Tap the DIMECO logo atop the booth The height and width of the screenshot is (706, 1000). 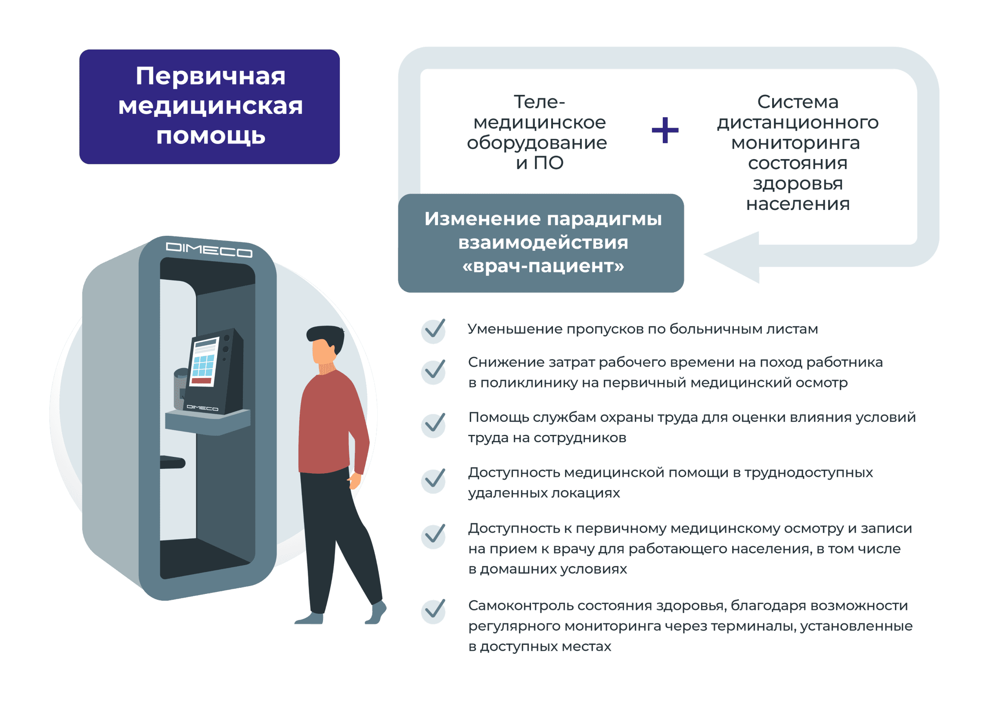tap(209, 250)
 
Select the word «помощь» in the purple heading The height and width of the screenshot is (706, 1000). tap(211, 136)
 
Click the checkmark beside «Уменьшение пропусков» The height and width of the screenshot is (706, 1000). tap(434, 330)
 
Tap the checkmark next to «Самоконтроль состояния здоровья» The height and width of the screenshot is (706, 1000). tap(434, 611)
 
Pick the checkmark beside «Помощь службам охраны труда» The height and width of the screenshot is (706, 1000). tap(434, 425)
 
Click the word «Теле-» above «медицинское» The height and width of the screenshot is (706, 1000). tap(539, 102)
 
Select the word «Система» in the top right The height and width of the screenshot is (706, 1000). tap(798, 102)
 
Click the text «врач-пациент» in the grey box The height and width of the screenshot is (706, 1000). tap(543, 266)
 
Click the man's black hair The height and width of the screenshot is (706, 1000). tap(326, 338)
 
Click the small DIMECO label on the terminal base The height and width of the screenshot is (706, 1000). tap(202, 408)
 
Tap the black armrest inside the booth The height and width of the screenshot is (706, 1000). tap(172, 462)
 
